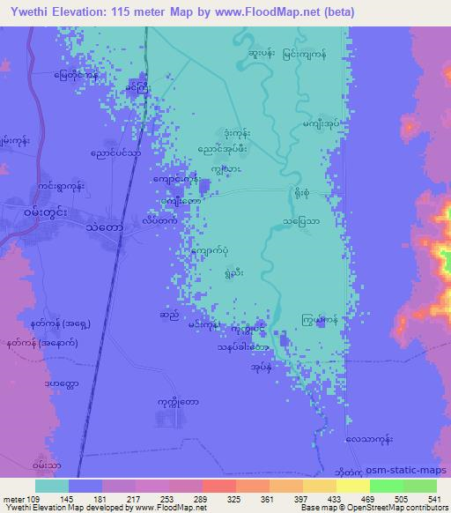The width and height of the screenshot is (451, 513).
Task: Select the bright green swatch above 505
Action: point(387,486)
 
